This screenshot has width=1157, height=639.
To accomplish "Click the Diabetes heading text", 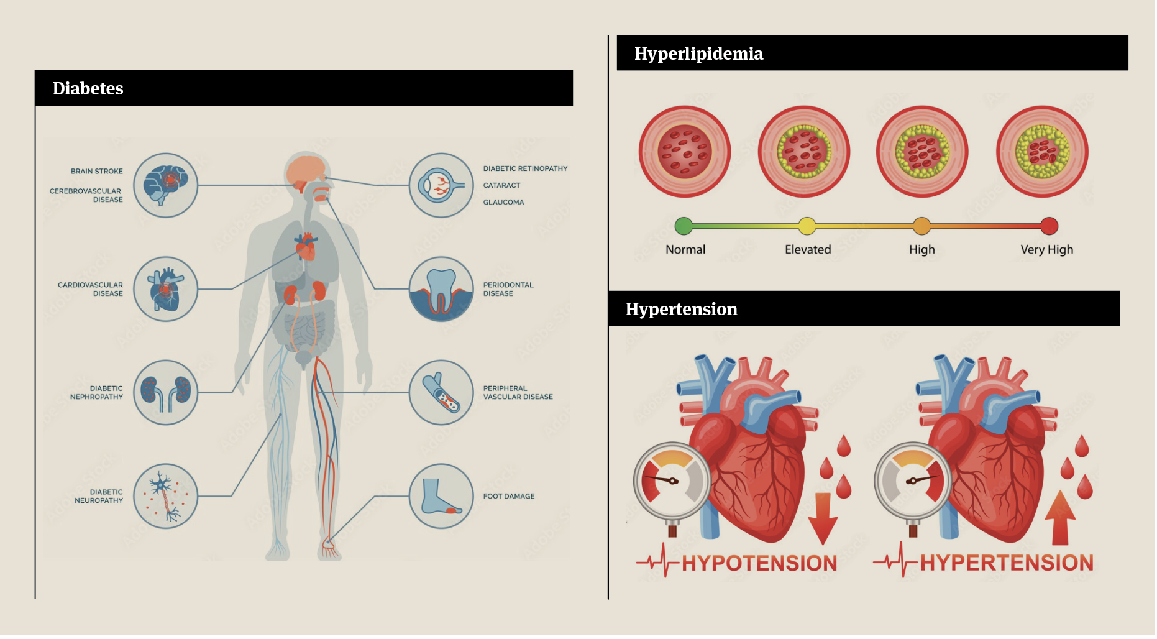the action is pos(88,88).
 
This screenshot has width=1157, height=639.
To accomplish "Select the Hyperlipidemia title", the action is pos(698,53).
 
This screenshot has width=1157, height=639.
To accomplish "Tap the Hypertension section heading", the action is pos(681,309).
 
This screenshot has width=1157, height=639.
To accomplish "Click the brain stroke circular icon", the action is pos(165,185).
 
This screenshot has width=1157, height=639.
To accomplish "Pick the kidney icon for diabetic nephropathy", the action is pos(165,393).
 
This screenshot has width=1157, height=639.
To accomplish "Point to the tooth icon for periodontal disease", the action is pos(441,289).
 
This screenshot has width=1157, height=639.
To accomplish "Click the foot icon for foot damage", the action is pos(441,496).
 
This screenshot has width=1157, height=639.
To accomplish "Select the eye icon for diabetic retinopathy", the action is pos(441,185).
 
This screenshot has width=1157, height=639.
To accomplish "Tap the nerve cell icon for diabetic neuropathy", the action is pos(165,496).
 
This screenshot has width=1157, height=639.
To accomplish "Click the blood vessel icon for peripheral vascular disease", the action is pos(441,393).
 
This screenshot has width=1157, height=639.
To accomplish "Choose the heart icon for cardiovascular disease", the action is pos(165,289).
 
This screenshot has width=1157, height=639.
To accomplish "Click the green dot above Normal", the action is pos(684,226).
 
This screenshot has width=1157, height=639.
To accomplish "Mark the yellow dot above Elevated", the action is pos(807,226).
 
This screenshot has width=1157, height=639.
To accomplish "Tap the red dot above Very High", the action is pos(1049,226).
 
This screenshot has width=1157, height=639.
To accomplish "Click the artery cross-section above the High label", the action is pos(922,151).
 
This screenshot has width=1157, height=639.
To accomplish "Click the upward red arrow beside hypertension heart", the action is pos(1060,517).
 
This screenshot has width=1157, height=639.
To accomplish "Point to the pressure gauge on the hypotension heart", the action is pos(672,481).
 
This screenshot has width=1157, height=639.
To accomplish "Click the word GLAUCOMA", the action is pos(503,202).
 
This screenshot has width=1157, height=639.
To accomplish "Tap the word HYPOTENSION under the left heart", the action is pos(759,563).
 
